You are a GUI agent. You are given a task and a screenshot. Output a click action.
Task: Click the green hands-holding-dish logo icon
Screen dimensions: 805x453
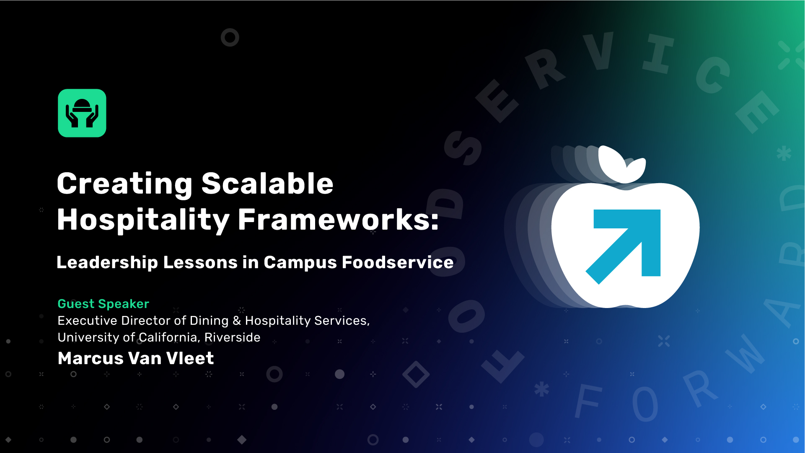[82, 113]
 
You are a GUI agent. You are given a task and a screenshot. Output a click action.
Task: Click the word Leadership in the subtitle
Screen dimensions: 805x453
[107, 262]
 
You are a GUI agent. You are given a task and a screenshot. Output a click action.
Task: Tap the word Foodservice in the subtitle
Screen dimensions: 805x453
[398, 262]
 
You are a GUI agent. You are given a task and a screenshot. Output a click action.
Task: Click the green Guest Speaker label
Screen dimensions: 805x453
[104, 304]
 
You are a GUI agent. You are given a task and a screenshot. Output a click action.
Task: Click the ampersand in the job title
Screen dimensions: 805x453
[237, 321]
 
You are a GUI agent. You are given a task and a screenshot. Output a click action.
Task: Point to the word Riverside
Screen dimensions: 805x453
[232, 337]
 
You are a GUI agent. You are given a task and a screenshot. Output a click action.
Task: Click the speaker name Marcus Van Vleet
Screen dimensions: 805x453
[136, 358]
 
